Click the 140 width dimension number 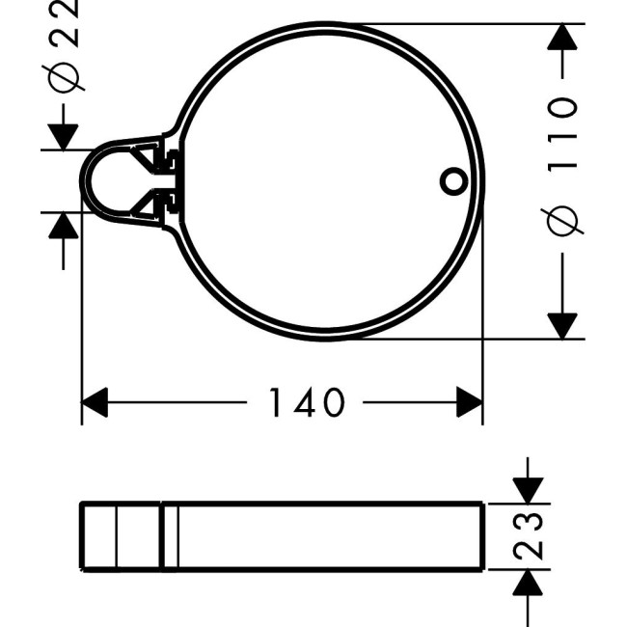(305, 402)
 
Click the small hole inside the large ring (451, 179)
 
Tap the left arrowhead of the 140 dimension (95, 402)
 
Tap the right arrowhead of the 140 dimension (470, 402)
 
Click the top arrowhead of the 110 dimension (562, 38)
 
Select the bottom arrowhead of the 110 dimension (562, 325)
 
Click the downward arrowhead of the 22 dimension (64, 136)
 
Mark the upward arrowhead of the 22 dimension (64, 226)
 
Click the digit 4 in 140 (305, 402)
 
